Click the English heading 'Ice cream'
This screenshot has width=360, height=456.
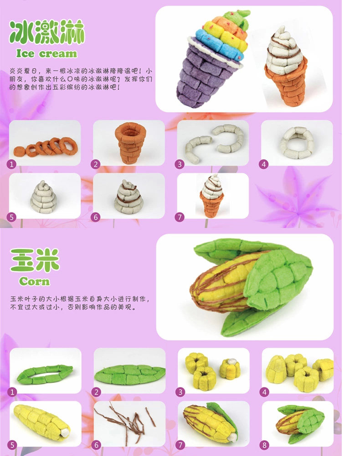(46, 53)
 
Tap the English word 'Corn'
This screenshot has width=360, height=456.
(34, 281)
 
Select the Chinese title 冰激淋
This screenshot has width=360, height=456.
(47, 32)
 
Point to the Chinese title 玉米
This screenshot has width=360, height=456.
(35, 260)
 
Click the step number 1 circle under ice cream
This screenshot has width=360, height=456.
(12, 164)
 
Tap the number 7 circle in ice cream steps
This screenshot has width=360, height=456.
(180, 217)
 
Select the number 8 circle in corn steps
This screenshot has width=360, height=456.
(264, 445)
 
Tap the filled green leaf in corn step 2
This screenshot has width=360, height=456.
(129, 374)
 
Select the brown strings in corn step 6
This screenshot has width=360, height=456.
(127, 424)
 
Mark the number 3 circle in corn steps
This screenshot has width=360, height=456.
(180, 392)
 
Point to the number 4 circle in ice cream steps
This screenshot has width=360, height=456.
(263, 164)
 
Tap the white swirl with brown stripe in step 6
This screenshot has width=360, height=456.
(129, 197)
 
